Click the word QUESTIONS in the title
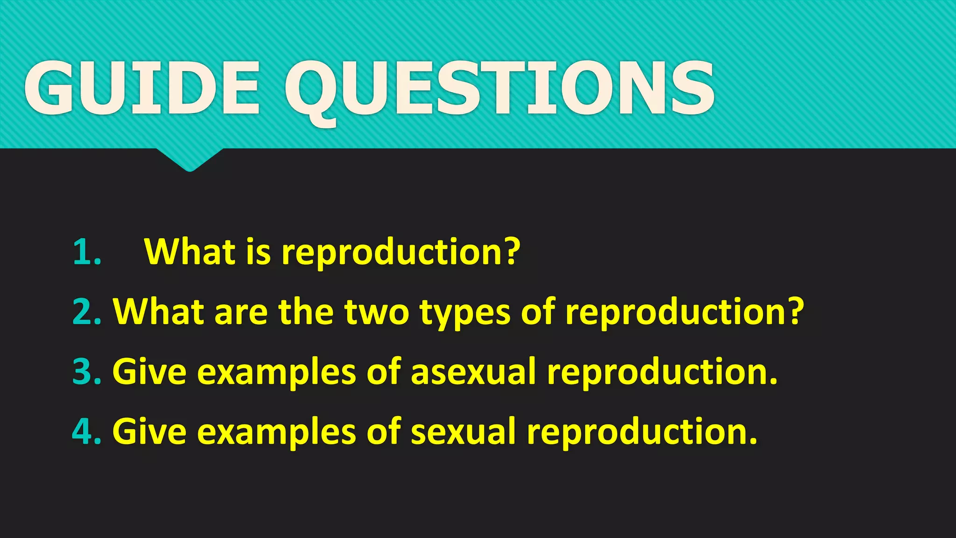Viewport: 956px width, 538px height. click(x=499, y=89)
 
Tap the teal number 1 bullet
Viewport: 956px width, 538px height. click(x=87, y=253)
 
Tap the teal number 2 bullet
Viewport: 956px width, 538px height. click(x=87, y=312)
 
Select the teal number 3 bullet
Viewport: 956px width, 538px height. click(x=87, y=372)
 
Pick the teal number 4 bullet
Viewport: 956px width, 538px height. click(x=87, y=432)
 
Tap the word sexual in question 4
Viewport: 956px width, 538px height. click(x=463, y=432)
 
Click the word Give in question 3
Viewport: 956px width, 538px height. click(x=150, y=372)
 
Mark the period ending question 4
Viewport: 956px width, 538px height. click(x=752, y=441)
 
